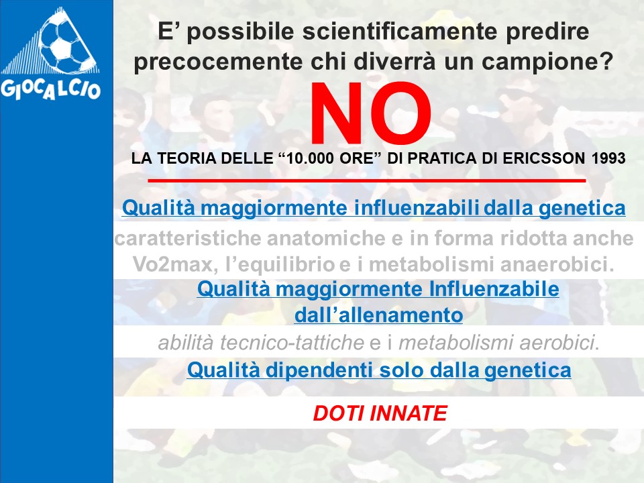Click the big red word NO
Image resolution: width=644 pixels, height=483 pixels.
coord(370,113)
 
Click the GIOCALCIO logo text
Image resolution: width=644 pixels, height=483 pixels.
coord(50,89)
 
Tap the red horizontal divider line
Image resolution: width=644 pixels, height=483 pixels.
coord(367,180)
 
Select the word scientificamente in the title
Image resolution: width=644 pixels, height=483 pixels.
coord(400,32)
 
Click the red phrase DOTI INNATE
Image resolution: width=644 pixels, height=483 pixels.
coord(380,413)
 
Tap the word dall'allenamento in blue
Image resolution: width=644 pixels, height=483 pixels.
coord(378,315)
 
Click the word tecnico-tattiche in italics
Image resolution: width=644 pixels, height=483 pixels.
coord(292,343)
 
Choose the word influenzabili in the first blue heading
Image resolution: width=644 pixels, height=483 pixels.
coord(416,207)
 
